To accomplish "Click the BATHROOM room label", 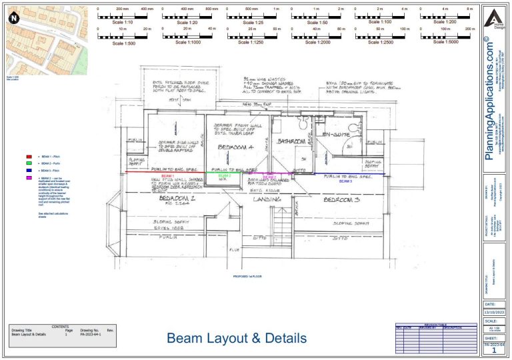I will pos(291,142).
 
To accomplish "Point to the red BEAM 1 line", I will pos(173,175).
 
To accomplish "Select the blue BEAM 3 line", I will pos(353,175).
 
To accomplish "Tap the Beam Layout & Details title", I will pos(237,339).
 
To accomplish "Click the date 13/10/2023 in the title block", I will pos(493,311).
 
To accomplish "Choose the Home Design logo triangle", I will pos(494,17).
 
